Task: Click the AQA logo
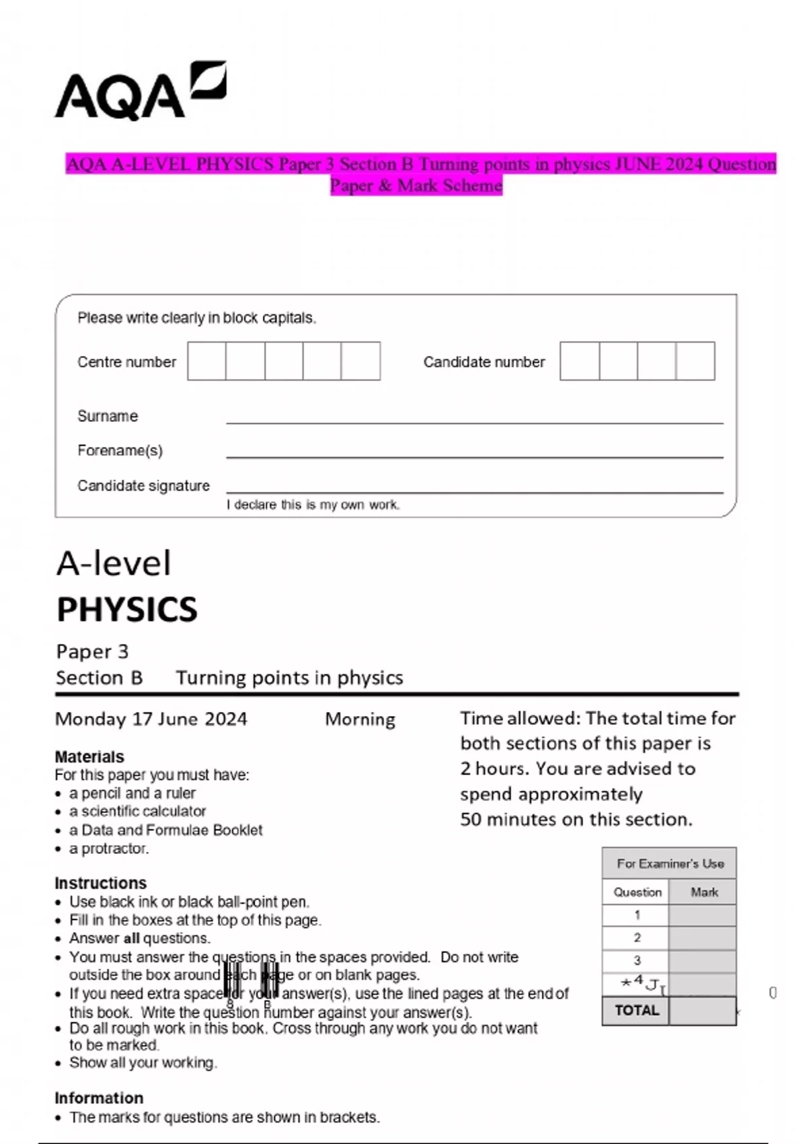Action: (140, 92)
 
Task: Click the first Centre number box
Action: (206, 361)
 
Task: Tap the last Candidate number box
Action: (695, 361)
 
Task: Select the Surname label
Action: (108, 416)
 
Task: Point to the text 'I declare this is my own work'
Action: (313, 505)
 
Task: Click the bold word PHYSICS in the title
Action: (127, 610)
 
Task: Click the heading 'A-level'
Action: (114, 563)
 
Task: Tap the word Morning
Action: (360, 719)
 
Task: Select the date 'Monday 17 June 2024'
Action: (151, 719)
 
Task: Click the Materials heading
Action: (89, 756)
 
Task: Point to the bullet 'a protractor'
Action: (108, 849)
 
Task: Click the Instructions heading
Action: (100, 883)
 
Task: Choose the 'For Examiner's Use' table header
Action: (670, 863)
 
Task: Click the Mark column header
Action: (703, 892)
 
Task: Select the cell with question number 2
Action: (636, 937)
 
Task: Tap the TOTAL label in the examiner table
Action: (636, 1010)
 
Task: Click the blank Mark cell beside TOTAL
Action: (702, 1010)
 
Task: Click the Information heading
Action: (99, 1098)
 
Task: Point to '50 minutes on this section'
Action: (576, 819)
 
